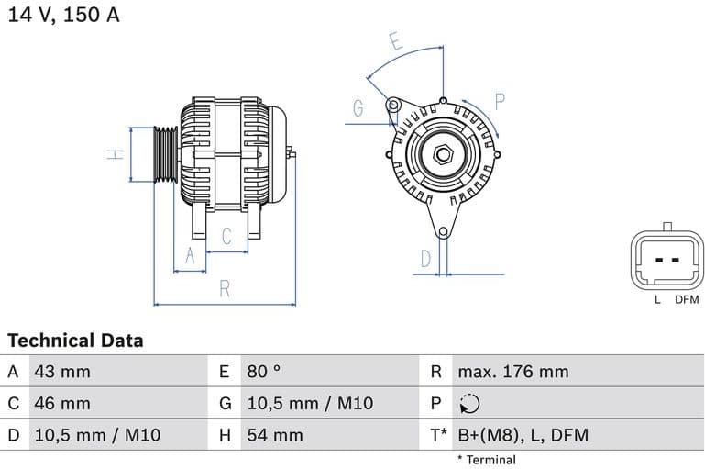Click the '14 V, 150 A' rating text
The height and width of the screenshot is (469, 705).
pyautogui.click(x=63, y=16)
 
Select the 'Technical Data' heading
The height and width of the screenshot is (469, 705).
pyautogui.click(x=75, y=341)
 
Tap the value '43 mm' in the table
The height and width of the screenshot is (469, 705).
pyautogui.click(x=61, y=372)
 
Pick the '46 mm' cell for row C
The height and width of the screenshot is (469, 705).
pyautogui.click(x=61, y=403)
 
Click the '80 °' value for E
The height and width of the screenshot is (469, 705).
pyautogui.click(x=264, y=372)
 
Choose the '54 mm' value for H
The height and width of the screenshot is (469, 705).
pyautogui.click(x=274, y=435)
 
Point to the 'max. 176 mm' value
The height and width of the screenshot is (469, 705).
pyautogui.click(x=512, y=372)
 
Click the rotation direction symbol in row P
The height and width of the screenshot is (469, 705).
pyautogui.click(x=469, y=404)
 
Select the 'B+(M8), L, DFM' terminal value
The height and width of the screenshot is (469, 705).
pyautogui.click(x=523, y=435)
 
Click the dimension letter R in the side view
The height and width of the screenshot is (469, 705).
pyautogui.click(x=225, y=289)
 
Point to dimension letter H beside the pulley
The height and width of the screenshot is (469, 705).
pyautogui.click(x=116, y=154)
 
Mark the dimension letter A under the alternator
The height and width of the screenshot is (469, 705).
pyautogui.click(x=191, y=256)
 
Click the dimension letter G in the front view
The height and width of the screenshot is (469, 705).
pyautogui.click(x=358, y=108)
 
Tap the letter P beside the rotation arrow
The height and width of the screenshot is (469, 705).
pyautogui.click(x=501, y=101)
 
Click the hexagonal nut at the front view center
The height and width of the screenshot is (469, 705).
pyautogui.click(x=443, y=152)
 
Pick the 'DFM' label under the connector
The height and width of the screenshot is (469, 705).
pyautogui.click(x=686, y=300)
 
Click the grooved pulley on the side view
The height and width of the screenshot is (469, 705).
pyautogui.click(x=165, y=154)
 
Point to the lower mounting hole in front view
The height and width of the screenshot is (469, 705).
pyautogui.click(x=443, y=232)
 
